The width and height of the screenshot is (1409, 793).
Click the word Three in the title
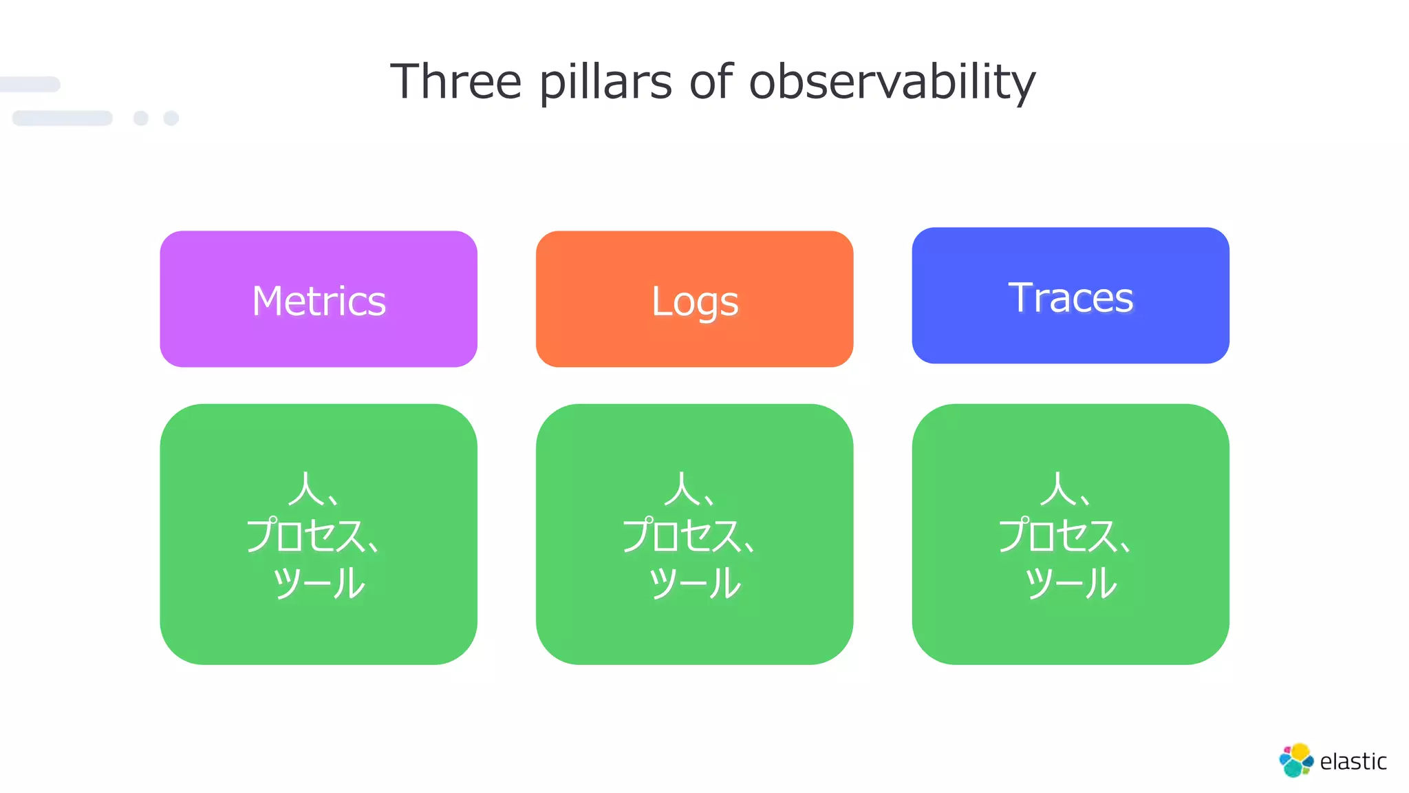455,82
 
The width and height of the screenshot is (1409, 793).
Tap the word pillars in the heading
605,82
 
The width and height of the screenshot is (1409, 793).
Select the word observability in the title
892,82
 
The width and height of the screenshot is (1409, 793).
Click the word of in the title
711,82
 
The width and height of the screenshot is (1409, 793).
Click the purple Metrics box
319,299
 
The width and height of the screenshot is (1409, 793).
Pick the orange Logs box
694,299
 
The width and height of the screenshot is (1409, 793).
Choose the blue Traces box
1071,295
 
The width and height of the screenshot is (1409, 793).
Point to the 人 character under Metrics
305,489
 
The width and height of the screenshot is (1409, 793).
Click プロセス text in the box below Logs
681,536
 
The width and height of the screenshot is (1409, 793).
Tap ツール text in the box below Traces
1071,583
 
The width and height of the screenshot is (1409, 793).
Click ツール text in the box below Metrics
319,583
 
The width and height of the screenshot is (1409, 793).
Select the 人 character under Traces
1057,489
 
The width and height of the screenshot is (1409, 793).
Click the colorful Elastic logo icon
1296,760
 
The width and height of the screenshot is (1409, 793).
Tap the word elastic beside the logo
1353,761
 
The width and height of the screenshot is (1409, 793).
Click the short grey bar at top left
30,85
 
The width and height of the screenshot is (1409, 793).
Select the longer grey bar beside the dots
63,118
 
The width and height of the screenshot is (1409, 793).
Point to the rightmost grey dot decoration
171,118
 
